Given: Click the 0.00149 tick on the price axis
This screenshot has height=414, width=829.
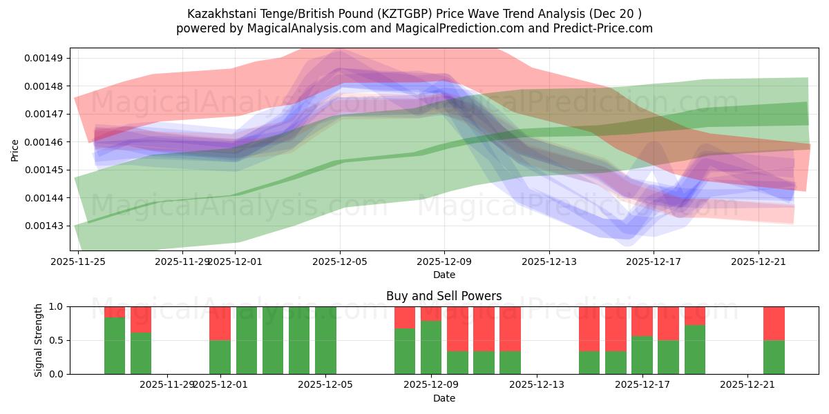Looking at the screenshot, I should tap(43, 58).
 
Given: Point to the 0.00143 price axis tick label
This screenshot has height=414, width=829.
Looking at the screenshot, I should tap(43, 226).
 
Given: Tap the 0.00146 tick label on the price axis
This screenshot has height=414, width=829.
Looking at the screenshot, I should tap(43, 142).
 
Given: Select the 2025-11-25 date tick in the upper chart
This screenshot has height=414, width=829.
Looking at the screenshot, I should tap(77, 262).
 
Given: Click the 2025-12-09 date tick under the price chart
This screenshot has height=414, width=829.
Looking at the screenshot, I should tap(444, 262).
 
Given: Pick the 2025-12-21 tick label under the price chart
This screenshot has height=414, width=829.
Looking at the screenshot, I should tap(759, 262).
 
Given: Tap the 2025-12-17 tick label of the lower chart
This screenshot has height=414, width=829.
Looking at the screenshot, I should tap(642, 385).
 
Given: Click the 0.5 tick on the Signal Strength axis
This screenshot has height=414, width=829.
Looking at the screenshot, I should tap(57, 340).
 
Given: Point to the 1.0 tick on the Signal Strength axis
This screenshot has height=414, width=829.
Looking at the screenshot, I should tap(57, 306).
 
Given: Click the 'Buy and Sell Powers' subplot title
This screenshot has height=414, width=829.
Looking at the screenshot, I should tap(444, 296).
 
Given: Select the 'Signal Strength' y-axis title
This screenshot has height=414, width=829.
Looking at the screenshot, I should tap(39, 340).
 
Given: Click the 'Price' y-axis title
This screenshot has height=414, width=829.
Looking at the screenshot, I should tap(15, 149).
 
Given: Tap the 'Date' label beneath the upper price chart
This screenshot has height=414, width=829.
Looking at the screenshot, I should tap(444, 275).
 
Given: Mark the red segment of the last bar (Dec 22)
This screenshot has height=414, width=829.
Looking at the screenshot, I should tap(774, 323).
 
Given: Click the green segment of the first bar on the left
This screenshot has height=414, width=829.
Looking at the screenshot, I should tap(115, 345).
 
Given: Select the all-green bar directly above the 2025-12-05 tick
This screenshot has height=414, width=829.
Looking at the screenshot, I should tap(325, 340).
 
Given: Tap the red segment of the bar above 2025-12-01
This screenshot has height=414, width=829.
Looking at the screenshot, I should tap(220, 323).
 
